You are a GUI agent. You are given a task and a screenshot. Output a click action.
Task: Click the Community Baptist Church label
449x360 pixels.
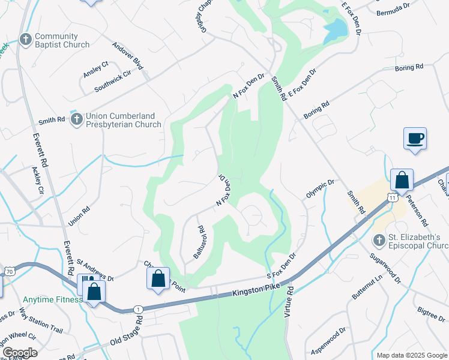[62, 40]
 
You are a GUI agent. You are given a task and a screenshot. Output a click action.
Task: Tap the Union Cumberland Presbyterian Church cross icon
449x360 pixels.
[76, 119]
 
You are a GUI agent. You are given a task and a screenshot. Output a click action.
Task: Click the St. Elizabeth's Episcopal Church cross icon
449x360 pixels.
[379, 241]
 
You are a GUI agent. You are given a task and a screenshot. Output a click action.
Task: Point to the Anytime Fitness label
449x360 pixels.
[52, 299]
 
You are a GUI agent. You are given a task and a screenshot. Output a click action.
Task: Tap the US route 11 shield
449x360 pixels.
[392, 197]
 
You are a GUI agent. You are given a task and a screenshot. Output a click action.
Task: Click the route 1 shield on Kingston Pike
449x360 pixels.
[139, 308]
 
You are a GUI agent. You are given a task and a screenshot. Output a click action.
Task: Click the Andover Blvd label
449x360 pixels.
[128, 56]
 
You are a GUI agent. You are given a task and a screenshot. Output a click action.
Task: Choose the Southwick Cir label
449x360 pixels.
[116, 83]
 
